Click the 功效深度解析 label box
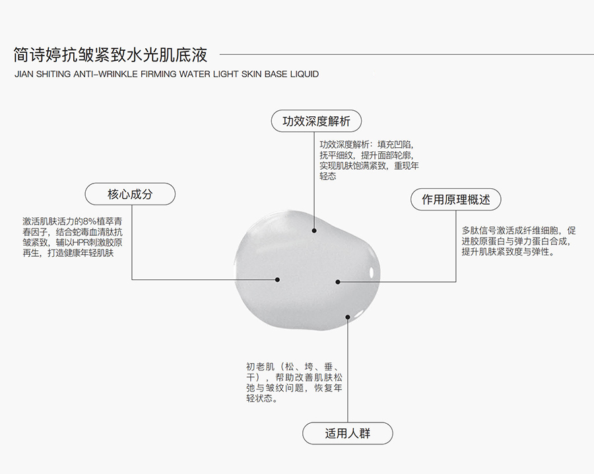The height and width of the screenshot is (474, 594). coord(316,121)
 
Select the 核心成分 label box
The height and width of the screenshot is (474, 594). coord(130,194)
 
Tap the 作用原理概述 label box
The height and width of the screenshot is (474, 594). coord(455,199)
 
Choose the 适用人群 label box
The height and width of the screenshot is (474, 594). coord(347,433)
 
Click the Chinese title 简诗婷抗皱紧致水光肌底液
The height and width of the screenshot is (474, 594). coord(111,55)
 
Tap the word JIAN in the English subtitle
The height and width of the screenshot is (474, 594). coord(24,74)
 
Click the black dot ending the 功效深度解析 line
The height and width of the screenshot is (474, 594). coord(314,230)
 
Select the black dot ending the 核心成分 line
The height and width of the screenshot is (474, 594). coord(277,280)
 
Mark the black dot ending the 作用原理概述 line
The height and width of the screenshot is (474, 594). coord(338,281)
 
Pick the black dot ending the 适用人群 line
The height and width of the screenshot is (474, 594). coord(347,317)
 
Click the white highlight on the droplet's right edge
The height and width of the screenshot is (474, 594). coord(372,273)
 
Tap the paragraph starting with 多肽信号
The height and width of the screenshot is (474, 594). coord(519,241)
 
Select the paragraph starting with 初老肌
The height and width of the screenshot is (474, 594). coord(294,382)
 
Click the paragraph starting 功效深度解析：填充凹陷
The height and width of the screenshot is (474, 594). coord(369,160)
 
